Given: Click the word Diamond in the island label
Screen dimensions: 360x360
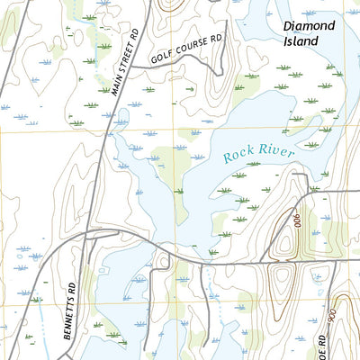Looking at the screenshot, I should [309, 26].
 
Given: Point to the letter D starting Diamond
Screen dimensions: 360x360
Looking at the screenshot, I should [286, 26].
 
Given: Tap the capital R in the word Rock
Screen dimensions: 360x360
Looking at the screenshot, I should [227, 160].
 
